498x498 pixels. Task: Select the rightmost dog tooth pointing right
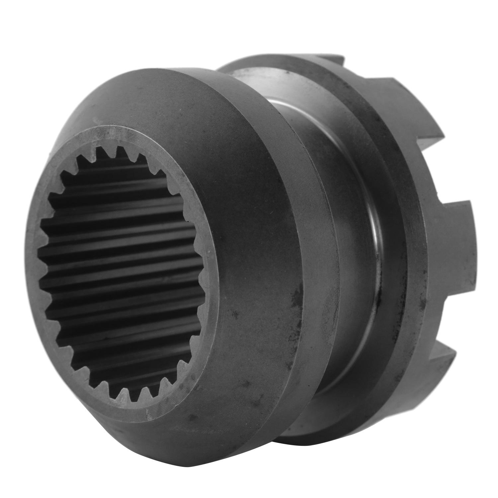point(461,239)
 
